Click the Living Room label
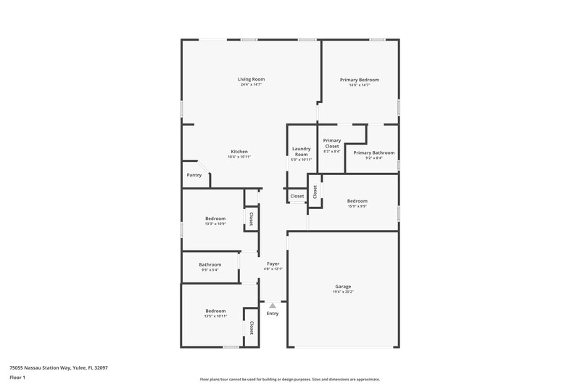click(x=251, y=78)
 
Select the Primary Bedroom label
click(x=360, y=79)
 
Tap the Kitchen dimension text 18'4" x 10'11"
click(x=239, y=158)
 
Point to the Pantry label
click(x=194, y=175)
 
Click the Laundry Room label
click(x=301, y=151)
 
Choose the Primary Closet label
click(x=332, y=143)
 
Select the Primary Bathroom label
click(x=373, y=152)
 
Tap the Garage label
click(x=343, y=286)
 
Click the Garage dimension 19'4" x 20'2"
click(x=343, y=293)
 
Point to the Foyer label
click(x=273, y=264)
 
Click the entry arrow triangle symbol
click(x=273, y=306)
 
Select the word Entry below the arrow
click(x=273, y=314)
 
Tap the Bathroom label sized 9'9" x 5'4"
click(x=210, y=264)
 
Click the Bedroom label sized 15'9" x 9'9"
click(x=357, y=200)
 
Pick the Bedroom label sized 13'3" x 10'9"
click(x=215, y=218)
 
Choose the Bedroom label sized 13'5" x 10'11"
click(x=215, y=311)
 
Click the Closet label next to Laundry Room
click(x=297, y=196)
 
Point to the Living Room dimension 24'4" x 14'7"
click(x=251, y=85)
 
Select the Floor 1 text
click(x=17, y=378)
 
